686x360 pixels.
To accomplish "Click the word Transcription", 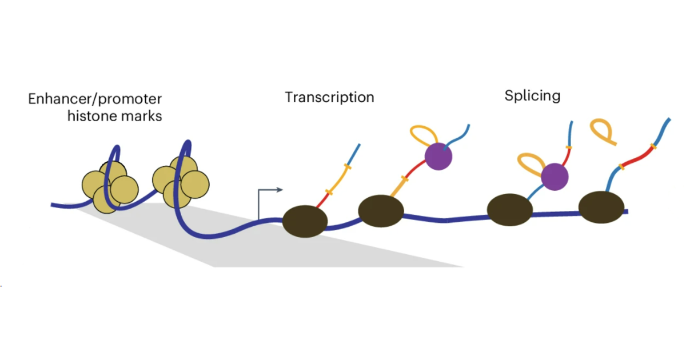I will tap(329, 97).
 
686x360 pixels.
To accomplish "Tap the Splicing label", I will tap(532, 95).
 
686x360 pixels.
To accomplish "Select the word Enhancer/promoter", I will tap(94, 99).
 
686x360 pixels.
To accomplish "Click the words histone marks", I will tap(115, 116).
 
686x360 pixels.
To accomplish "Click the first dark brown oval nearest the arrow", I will tap(305, 219).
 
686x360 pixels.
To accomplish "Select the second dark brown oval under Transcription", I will tap(381, 210).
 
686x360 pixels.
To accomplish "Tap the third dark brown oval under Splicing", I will tap(509, 210).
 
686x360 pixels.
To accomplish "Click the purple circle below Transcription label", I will tap(438, 155).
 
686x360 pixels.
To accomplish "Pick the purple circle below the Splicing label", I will tap(555, 176).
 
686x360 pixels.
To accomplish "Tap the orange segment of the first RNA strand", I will tap(337, 180).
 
